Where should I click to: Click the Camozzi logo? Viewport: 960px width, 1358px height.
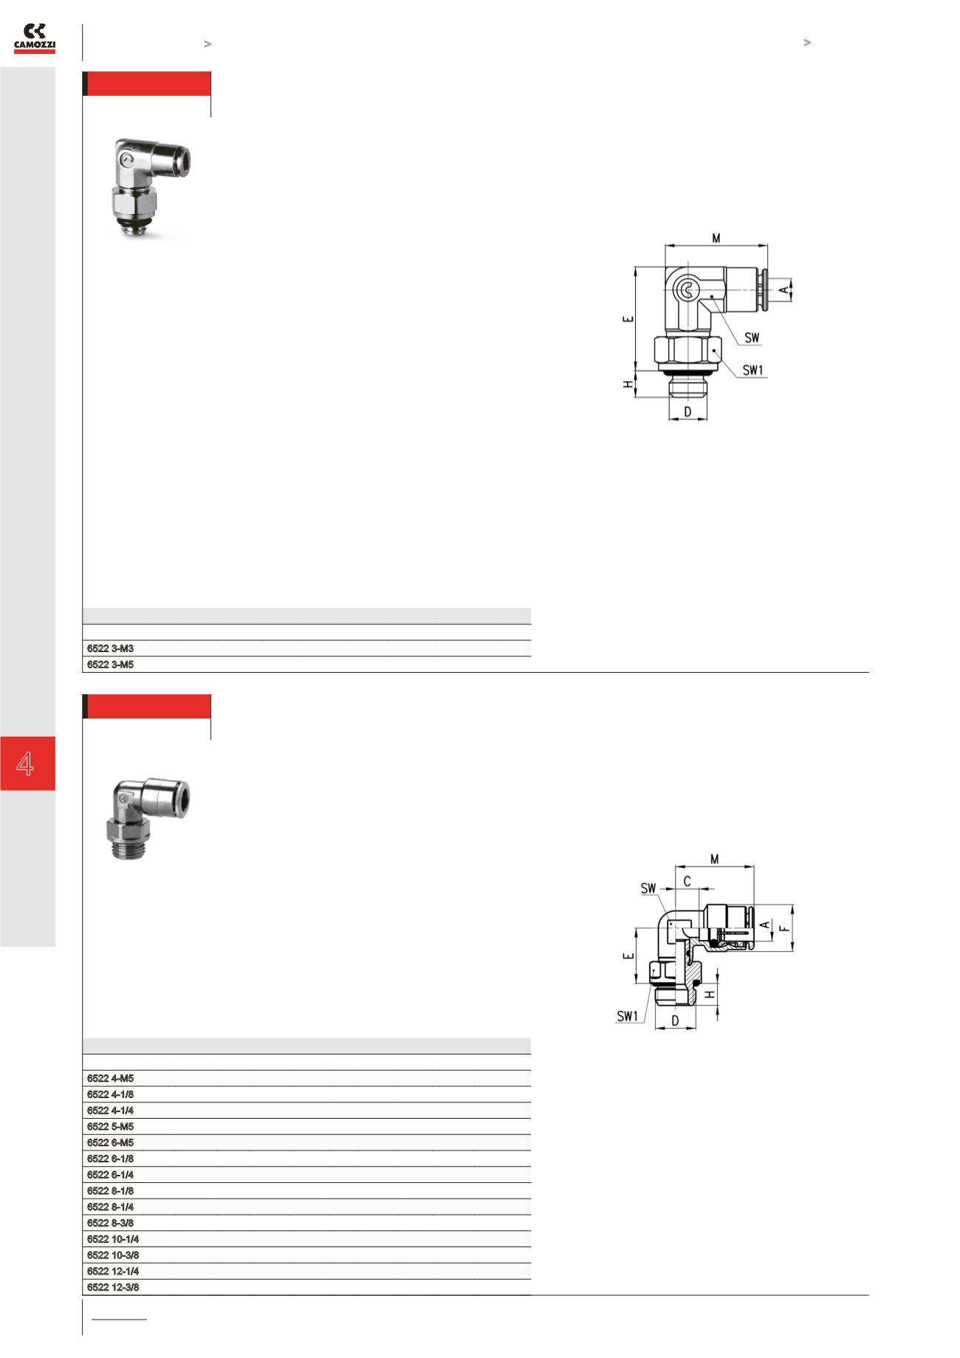[35, 39]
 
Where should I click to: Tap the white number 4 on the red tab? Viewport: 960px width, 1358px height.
[26, 763]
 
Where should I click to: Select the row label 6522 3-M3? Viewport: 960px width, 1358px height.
[111, 648]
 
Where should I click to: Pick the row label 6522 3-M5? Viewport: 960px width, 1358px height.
[111, 664]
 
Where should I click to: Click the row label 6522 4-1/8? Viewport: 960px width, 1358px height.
[111, 1094]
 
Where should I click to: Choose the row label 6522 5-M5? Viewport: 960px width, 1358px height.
[111, 1127]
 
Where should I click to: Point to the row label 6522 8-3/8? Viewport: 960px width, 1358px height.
[111, 1223]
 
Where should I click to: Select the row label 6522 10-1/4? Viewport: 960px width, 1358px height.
[113, 1239]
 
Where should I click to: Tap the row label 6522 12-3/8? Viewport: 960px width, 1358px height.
[113, 1287]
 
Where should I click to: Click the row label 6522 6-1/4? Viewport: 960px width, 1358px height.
[111, 1175]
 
